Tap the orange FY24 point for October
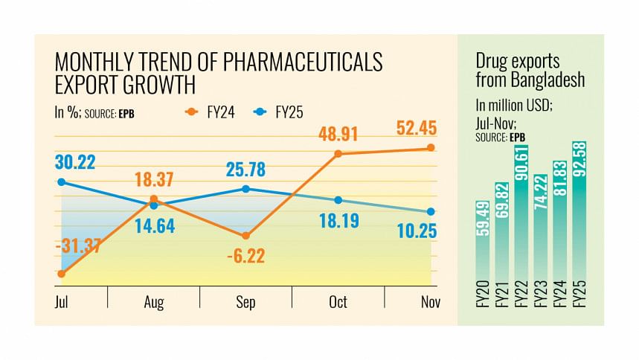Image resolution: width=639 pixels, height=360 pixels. click(338, 154)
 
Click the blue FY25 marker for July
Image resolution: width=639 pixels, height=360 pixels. click(61, 181)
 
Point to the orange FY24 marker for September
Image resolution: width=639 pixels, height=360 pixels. click(245, 236)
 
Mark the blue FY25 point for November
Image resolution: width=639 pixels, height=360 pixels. click(430, 212)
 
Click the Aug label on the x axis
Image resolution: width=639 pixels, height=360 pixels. click(153, 303)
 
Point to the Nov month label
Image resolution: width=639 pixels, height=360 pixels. click(430, 303)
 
